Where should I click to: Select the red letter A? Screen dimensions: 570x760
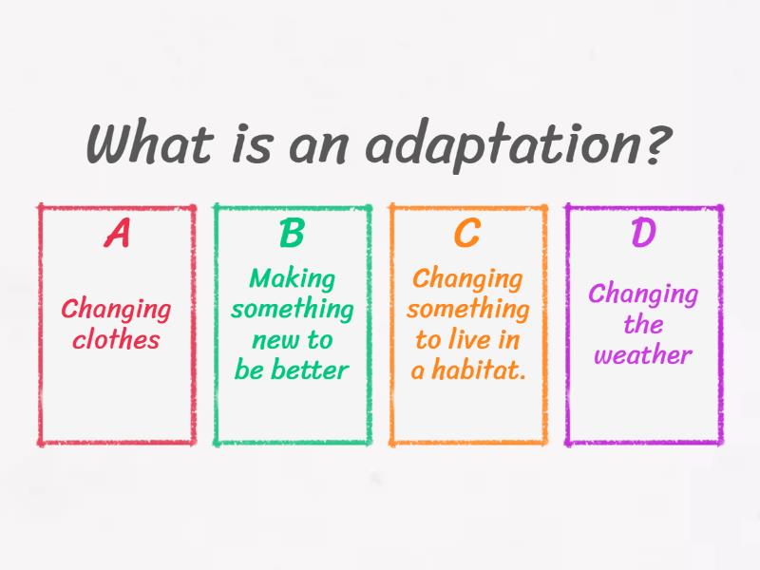click(x=117, y=234)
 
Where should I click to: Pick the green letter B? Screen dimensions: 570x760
click(x=292, y=234)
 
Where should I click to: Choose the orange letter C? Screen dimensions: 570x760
click(x=467, y=234)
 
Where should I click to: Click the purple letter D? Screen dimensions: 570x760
click(x=643, y=234)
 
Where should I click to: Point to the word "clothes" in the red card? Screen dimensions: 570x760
click(x=117, y=340)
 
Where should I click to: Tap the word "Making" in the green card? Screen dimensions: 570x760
click(x=292, y=278)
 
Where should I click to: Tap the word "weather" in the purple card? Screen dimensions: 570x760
click(x=643, y=355)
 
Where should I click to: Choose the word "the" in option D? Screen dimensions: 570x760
click(x=643, y=325)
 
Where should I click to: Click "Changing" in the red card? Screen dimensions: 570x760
click(x=117, y=310)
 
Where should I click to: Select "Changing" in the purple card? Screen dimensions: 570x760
click(x=643, y=294)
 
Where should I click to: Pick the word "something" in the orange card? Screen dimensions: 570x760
click(x=467, y=310)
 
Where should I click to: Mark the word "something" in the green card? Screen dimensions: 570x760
click(x=292, y=310)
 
